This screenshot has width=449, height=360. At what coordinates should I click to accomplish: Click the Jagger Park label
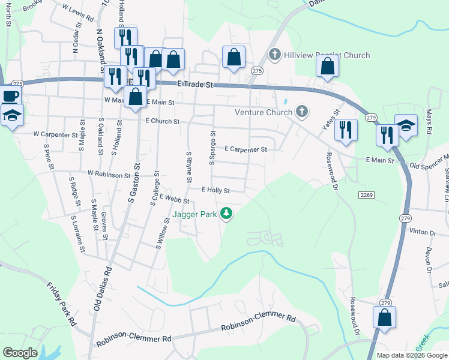(194, 213)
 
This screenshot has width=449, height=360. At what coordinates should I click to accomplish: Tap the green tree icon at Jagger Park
(226, 213)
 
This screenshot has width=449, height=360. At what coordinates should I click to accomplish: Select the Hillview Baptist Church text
(327, 56)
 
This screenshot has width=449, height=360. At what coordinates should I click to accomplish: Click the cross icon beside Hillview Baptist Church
(275, 55)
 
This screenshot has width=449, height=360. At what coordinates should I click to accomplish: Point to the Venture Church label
(264, 112)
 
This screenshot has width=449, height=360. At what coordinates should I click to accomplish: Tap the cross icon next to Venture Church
(301, 112)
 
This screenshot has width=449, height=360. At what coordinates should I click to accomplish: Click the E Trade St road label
(196, 85)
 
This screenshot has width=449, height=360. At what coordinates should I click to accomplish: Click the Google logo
(20, 353)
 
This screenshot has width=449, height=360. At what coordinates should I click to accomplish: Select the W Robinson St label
(109, 173)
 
